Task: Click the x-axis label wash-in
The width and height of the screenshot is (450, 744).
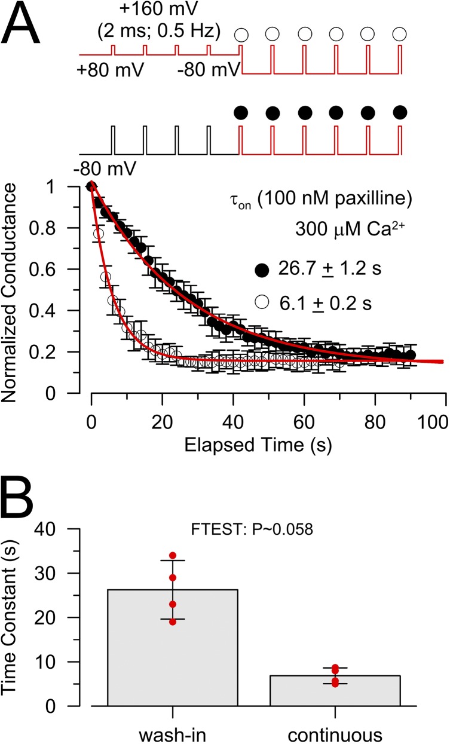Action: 172,730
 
